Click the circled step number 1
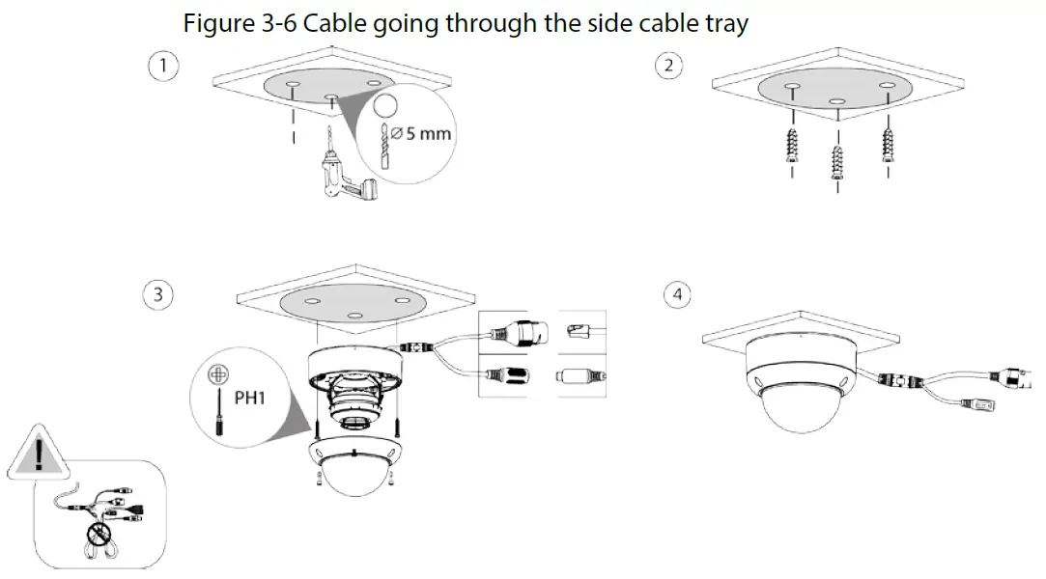click(x=162, y=66)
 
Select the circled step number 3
click(x=158, y=294)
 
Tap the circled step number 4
click(x=679, y=294)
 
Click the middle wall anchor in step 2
click(x=837, y=158)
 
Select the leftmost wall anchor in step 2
click(x=793, y=146)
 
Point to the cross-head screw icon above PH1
click(x=221, y=371)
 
